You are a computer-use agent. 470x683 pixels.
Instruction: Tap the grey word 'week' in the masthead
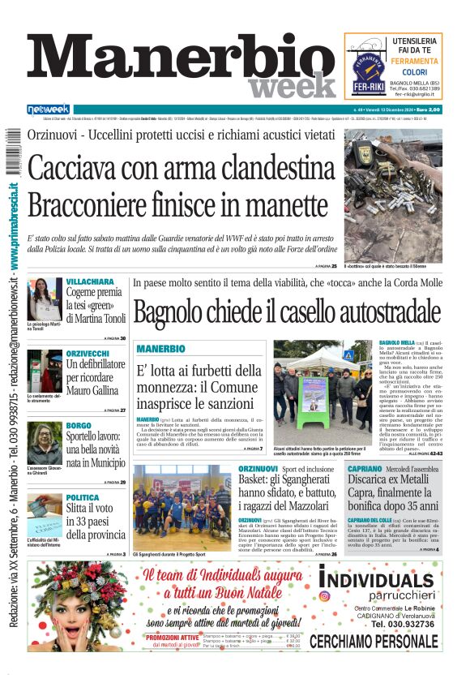click(291, 86)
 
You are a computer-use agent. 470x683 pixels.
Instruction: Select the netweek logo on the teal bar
click(49, 109)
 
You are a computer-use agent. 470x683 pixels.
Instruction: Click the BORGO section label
click(79, 425)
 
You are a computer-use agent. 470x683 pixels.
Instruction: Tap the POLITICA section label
click(83, 497)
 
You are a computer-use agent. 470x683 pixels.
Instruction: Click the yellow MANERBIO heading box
click(161, 349)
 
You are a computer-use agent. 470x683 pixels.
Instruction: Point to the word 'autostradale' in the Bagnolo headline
click(374, 311)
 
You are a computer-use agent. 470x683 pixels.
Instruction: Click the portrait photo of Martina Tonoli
click(45, 299)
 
